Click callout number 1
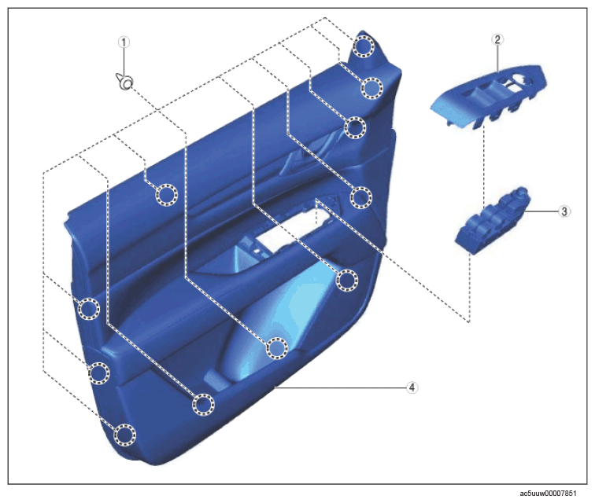coord(124,42)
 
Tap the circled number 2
coord(497,39)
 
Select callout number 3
coord(564,211)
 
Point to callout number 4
coord(412,387)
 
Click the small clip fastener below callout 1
coord(125,82)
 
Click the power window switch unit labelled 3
coord(493,221)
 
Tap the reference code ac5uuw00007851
coord(548,493)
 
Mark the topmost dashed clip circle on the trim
coord(364,46)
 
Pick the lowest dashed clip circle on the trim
coord(125,435)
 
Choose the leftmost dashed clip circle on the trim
coord(89,309)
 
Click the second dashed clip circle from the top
coord(371,88)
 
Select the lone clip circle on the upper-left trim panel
coord(167,195)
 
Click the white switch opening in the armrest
coord(292,229)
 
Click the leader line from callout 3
coord(541,211)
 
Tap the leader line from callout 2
coord(498,58)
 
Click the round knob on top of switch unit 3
coord(522,192)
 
